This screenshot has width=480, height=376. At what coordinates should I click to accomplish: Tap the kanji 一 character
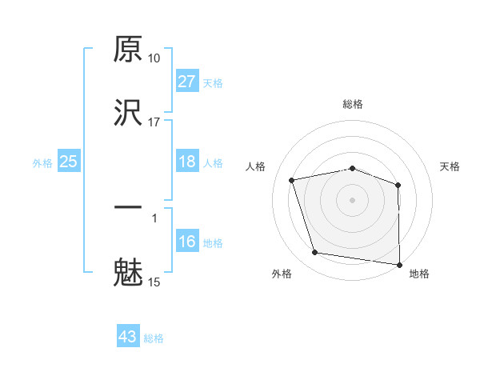[x=128, y=209]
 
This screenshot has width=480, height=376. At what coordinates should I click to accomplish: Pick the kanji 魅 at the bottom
[x=128, y=272]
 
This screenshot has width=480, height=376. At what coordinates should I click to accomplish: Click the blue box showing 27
[x=186, y=82]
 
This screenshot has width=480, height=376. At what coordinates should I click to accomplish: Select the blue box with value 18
[x=186, y=162]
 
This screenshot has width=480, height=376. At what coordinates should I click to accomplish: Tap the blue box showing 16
[x=186, y=242]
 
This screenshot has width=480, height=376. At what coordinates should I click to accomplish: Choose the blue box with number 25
[x=69, y=162]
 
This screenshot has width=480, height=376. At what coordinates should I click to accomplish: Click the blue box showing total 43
[x=128, y=337]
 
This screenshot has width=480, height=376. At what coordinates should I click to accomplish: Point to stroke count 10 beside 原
[x=154, y=59]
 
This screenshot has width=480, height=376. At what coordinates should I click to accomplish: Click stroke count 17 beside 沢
[x=154, y=122]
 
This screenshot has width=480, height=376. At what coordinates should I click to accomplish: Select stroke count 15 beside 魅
[x=154, y=282]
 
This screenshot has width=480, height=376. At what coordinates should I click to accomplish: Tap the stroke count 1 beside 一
[x=154, y=218]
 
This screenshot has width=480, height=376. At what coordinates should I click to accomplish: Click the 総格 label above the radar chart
[x=353, y=104]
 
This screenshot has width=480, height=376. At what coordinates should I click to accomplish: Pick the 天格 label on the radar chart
[x=450, y=166]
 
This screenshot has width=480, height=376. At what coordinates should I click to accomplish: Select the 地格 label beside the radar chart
[x=419, y=274]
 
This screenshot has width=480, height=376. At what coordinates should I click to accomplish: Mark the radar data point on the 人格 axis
[x=292, y=181]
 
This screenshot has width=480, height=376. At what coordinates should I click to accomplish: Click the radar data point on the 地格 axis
[x=399, y=264]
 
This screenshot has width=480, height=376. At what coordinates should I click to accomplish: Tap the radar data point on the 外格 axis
[x=315, y=253]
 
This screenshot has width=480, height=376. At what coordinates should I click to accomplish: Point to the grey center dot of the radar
[x=353, y=200]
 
